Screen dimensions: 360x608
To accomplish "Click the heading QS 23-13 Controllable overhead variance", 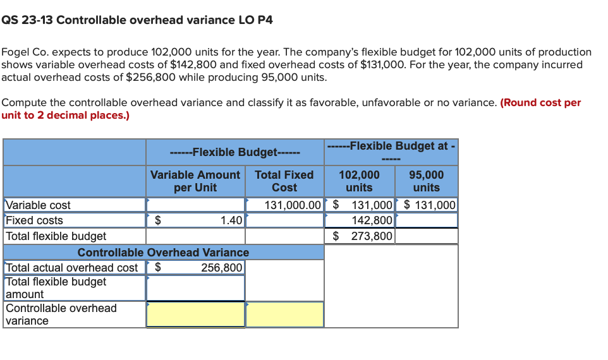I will [137, 20].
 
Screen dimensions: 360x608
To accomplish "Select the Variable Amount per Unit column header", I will [195, 181].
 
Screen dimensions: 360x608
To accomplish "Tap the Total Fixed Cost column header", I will [284, 181].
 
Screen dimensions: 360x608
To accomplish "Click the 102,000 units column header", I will [360, 181].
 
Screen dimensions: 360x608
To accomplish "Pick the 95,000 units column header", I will [426, 181].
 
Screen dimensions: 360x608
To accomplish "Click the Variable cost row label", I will [39, 205].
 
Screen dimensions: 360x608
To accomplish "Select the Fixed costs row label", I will [35, 220].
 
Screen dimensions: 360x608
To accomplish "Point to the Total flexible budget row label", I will [56, 236].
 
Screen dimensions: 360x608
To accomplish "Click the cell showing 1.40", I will [196, 220].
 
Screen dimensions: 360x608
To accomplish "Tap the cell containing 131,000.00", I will [285, 205].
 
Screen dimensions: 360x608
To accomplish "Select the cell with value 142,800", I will [360, 220].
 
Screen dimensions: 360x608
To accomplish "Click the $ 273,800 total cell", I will [360, 236].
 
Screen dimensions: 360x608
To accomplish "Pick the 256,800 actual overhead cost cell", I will [196, 267].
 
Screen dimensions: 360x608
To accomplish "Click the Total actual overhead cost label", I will [72, 267].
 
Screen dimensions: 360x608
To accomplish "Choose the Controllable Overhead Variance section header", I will [163, 252].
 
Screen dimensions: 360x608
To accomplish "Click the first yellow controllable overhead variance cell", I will [195, 314].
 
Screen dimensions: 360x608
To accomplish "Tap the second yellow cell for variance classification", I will [284, 314].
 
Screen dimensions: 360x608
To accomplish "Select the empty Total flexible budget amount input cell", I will [195, 288].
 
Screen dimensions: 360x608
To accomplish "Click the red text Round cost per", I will [540, 102].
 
